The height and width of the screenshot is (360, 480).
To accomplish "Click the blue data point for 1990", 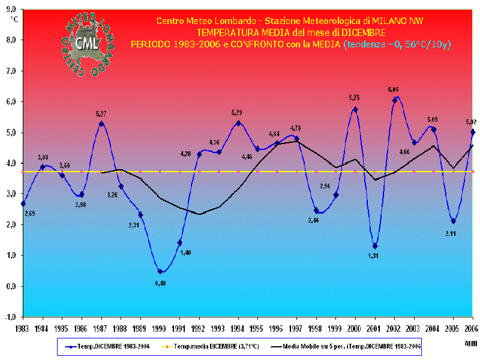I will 160,272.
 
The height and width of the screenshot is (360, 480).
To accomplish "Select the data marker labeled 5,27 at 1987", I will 101,124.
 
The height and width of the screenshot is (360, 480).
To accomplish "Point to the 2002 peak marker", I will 394,100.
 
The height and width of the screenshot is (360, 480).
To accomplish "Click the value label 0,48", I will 160,283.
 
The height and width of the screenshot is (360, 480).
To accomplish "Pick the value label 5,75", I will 354,98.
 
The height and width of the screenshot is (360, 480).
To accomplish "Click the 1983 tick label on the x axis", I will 23,328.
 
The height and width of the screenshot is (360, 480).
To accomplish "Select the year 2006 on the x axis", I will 472,328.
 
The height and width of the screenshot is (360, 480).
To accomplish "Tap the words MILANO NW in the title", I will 400,21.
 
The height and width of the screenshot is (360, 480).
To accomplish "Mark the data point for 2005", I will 453,221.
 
